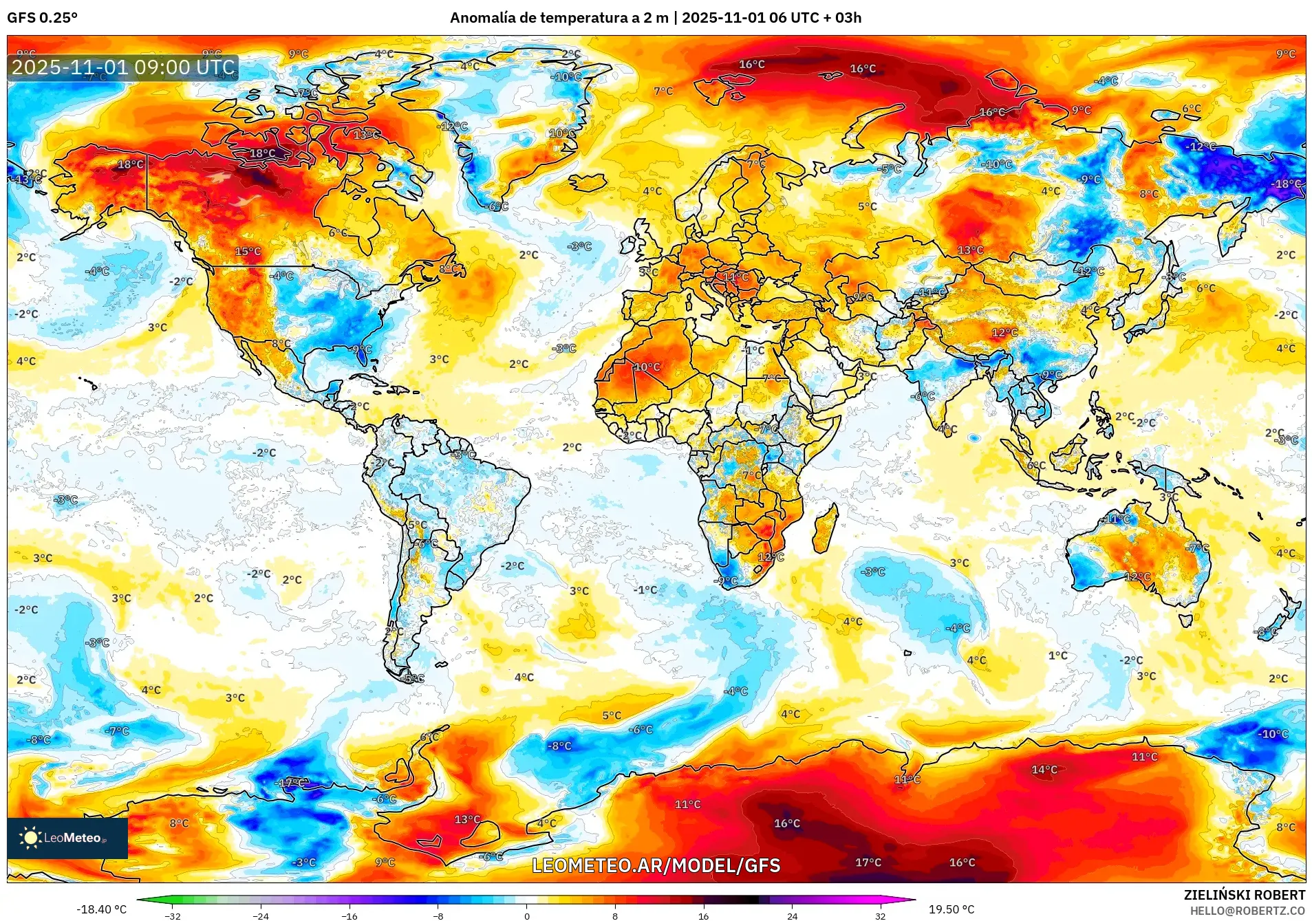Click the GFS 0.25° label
coord(42,18)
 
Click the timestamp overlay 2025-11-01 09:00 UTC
coord(123,67)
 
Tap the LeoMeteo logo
coord(67,838)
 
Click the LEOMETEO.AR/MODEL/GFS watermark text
coord(656,865)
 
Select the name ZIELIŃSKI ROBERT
coord(1244,895)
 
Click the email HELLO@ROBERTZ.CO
coord(1247,911)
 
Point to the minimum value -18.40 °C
coord(101,909)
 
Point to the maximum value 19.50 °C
coord(951,909)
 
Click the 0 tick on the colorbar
coord(527,915)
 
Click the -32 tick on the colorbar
coord(173,915)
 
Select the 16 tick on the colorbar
coord(703,915)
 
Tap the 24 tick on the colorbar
coord(793,915)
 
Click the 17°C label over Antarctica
coord(868,862)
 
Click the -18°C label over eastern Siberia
coord(1287,184)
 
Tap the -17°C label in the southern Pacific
coord(292,783)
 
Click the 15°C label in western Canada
coord(248,252)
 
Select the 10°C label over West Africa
coord(647,367)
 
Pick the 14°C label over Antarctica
coord(1044,770)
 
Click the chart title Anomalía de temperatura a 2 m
coord(559,18)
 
